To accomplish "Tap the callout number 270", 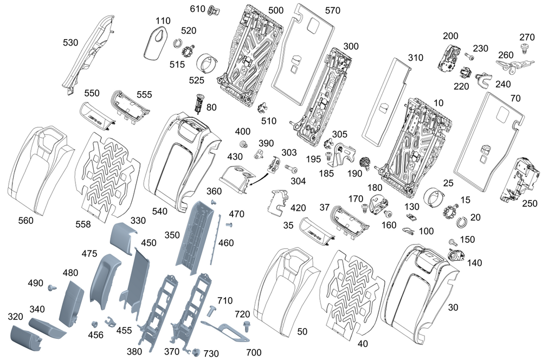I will click(527, 37).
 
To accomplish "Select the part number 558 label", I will click(83, 223).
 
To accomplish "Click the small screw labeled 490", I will click(53, 286).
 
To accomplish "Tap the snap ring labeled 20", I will click(462, 221).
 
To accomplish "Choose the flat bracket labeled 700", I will click(228, 331).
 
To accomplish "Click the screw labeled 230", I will click(469, 56).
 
